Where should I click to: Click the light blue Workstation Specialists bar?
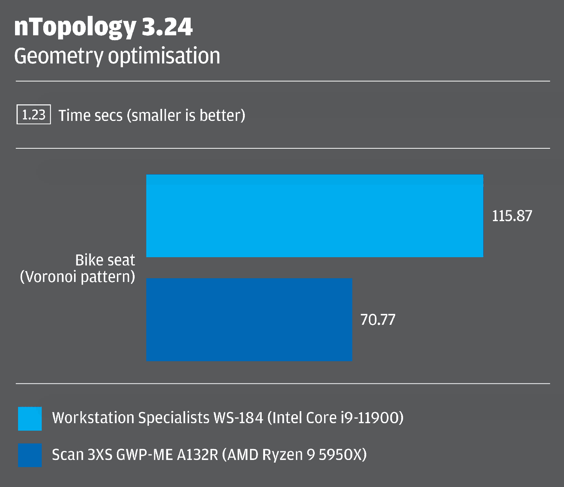(x=314, y=216)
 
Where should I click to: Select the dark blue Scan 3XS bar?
(x=249, y=319)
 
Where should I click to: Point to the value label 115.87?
(x=512, y=216)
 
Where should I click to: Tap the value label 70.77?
(x=378, y=320)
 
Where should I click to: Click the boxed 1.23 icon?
(x=33, y=115)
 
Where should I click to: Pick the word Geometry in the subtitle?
(x=58, y=56)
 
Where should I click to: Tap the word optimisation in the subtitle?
(x=164, y=56)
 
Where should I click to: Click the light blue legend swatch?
(x=30, y=418)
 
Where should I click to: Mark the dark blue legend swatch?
(x=30, y=455)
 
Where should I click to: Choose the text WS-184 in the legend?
(x=238, y=418)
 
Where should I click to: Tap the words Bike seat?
(x=105, y=260)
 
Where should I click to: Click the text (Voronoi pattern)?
(x=77, y=277)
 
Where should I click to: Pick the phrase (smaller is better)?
(x=186, y=115)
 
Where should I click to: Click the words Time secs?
(x=91, y=115)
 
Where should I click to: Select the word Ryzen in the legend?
(x=282, y=455)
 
